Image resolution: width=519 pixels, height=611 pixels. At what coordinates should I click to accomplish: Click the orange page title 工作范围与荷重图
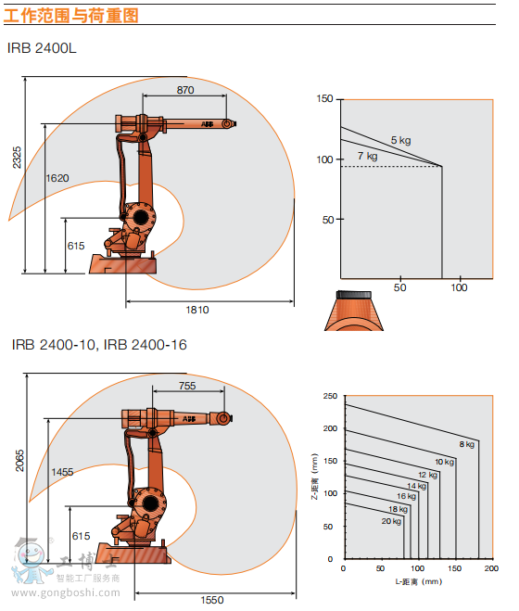click(71, 16)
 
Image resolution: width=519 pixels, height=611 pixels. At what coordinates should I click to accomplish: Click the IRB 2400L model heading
click(42, 48)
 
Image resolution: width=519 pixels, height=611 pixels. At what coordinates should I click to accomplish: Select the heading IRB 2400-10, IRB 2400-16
click(99, 345)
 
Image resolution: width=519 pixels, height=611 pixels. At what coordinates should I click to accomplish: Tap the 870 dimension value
click(185, 90)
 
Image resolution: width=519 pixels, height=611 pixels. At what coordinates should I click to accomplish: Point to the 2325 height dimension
click(17, 158)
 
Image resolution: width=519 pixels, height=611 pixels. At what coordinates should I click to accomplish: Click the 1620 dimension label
click(57, 178)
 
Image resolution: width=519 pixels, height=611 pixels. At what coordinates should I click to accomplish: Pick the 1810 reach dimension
click(197, 310)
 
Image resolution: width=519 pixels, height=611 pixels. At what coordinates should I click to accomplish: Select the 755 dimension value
click(187, 386)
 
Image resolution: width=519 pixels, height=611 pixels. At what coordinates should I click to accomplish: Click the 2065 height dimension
click(19, 461)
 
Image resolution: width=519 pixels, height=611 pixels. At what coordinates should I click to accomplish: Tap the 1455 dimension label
click(62, 472)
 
